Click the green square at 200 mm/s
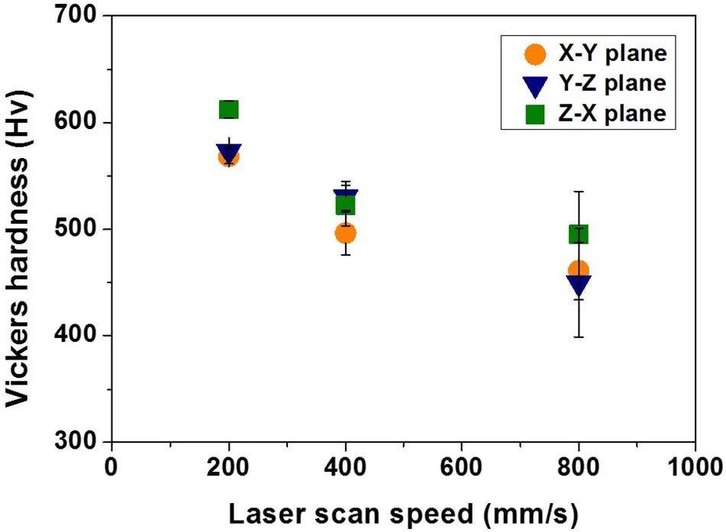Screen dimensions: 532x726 point(228,110)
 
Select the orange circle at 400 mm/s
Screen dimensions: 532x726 point(345,233)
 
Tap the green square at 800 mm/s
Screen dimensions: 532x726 point(579,234)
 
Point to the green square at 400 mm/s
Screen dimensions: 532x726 point(345,205)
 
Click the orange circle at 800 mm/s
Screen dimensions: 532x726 point(579,270)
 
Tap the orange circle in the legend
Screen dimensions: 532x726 point(536,54)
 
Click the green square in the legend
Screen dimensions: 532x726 point(536,114)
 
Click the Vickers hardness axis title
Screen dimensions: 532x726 point(21,229)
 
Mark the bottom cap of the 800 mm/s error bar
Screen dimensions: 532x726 point(579,337)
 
